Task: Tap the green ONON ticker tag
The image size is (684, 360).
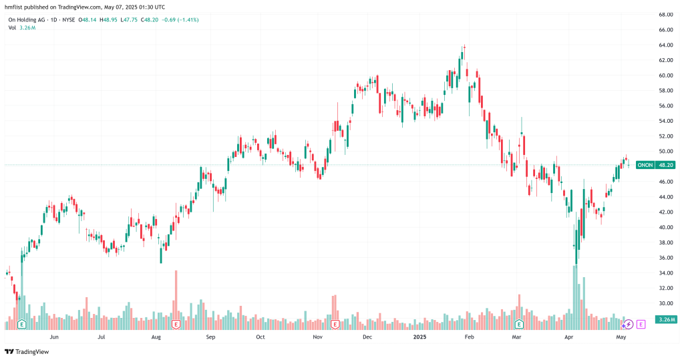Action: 645,165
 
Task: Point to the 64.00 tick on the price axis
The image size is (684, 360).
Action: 665,45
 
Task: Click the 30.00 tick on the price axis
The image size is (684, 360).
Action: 665,303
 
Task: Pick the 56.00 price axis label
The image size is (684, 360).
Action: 665,106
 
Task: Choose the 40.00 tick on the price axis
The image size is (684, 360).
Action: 665,227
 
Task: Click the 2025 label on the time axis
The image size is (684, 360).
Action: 419,337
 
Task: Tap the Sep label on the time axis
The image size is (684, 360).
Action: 210,337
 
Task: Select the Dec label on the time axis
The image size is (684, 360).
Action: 367,337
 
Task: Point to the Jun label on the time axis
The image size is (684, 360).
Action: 54,337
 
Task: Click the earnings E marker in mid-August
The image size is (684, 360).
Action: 176,325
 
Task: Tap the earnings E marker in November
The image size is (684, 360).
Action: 335,325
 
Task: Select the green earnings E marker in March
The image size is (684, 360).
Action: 519,325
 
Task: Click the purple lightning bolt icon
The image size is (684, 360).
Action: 628,325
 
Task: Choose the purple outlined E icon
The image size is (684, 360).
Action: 641,325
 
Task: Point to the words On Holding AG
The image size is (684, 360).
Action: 27,20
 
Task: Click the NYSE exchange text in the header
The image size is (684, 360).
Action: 69,20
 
